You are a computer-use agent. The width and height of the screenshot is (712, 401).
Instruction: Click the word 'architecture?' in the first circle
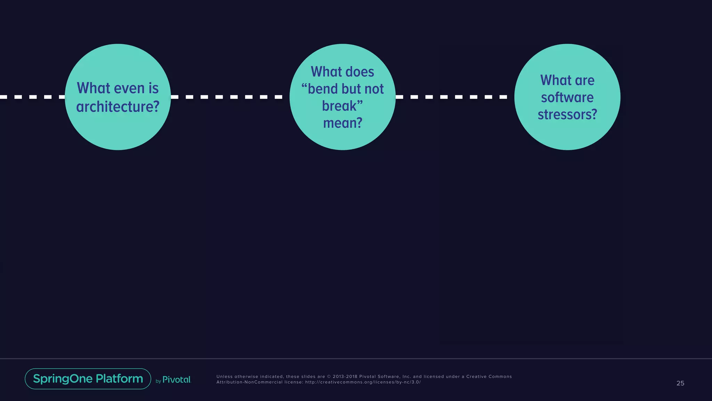point(118,107)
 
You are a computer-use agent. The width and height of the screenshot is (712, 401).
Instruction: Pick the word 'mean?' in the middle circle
point(343,123)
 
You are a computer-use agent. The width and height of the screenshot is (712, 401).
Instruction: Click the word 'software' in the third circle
point(567,97)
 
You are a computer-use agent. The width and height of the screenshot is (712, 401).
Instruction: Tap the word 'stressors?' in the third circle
point(567,115)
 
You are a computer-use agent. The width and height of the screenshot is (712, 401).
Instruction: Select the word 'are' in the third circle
point(584,80)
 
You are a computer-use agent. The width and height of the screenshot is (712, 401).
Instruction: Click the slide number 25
point(680,383)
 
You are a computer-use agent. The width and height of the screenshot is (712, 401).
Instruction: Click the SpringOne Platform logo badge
point(88,379)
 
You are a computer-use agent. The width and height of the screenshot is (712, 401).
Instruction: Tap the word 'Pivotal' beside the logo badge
point(177,380)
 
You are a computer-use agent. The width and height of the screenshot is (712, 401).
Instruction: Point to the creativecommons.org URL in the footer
point(363,382)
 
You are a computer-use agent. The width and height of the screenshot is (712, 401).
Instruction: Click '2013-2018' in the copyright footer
point(345,377)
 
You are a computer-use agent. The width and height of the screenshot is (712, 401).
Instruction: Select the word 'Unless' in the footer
point(225,377)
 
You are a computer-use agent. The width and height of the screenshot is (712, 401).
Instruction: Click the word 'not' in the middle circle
point(374,89)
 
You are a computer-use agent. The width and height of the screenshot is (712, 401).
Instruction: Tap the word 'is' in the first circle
point(153,88)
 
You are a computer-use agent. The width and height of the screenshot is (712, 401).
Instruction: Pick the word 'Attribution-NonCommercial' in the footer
point(250,382)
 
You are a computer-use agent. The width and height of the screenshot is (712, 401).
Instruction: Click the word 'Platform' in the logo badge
point(119,379)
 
